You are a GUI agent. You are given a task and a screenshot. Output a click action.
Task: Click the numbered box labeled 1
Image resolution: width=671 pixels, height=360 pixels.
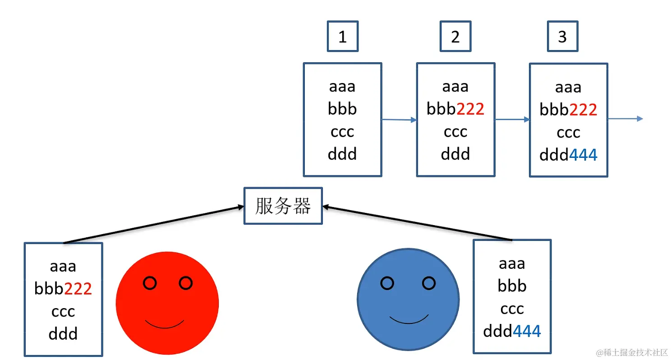pyautogui.click(x=343, y=36)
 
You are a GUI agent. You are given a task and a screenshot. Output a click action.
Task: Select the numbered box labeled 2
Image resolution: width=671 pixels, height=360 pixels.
pyautogui.click(x=455, y=36)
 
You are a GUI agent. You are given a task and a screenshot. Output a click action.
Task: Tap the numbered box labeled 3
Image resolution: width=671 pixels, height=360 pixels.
pyautogui.click(x=562, y=36)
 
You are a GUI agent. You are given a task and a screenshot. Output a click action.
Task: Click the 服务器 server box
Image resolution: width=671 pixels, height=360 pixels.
pyautogui.click(x=283, y=206)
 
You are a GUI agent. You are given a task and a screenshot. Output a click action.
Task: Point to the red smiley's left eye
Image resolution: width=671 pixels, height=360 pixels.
pyautogui.click(x=150, y=283)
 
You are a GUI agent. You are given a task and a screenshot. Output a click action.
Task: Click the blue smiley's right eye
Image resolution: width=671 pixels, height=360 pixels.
pyautogui.click(x=429, y=283)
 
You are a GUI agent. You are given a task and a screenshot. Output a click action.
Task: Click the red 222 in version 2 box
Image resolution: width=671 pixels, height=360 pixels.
pyautogui.click(x=470, y=109)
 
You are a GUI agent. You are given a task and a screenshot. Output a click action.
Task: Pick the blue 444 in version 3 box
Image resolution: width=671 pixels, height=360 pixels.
pyautogui.click(x=583, y=155)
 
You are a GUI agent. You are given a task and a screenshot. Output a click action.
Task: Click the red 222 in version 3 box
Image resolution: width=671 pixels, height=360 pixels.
pyautogui.click(x=583, y=110)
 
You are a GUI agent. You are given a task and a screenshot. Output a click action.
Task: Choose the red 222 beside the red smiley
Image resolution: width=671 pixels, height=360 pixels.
pyautogui.click(x=78, y=289)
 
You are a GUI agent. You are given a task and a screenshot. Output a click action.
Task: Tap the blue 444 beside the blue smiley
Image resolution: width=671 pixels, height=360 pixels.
pyautogui.click(x=527, y=332)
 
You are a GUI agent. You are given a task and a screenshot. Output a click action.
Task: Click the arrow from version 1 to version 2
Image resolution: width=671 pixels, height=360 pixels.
pyautogui.click(x=399, y=120)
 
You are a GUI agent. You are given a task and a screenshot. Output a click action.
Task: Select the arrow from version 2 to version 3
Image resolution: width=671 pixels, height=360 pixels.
pyautogui.click(x=512, y=120)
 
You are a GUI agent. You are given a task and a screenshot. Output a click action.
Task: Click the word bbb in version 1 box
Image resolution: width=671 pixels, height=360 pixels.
pyautogui.click(x=342, y=109)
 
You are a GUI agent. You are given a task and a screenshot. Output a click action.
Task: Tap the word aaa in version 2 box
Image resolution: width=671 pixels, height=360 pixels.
pyautogui.click(x=455, y=86)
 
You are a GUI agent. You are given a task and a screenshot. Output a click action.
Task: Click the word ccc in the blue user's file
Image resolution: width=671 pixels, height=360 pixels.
pyautogui.click(x=512, y=309)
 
